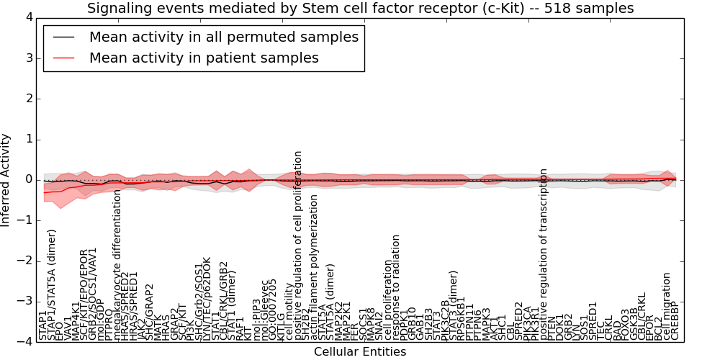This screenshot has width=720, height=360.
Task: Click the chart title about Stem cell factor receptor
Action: click(x=360, y=9)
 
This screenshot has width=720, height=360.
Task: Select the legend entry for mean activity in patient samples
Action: click(x=204, y=58)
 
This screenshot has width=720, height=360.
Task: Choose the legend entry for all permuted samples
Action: click(x=223, y=37)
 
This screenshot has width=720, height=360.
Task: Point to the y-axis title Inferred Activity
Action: click(x=6, y=179)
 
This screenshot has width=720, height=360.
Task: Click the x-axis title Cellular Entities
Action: click(x=360, y=351)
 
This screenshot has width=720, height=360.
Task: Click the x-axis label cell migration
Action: click(x=667, y=305)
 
